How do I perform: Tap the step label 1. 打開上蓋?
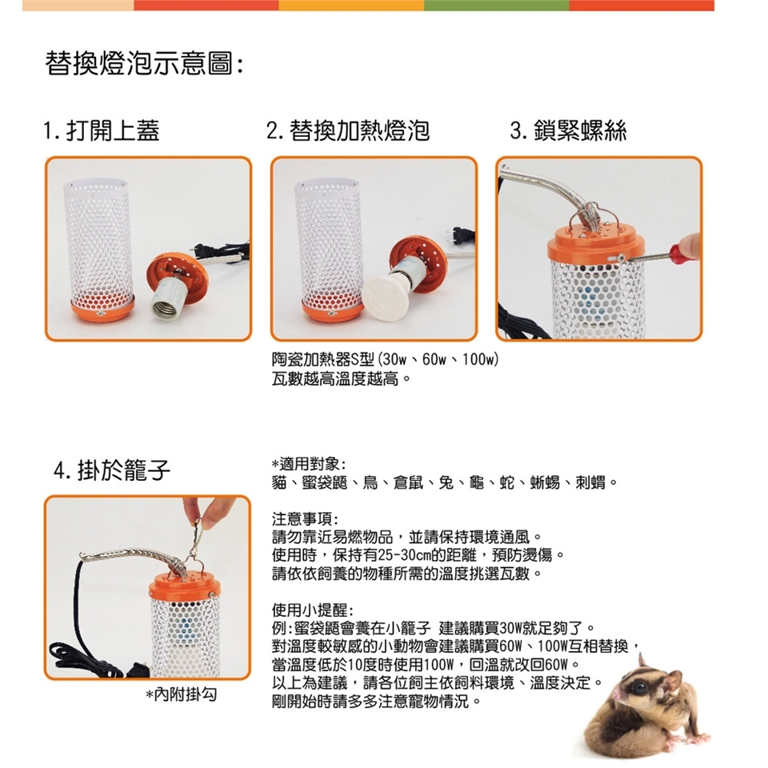(x=102, y=130)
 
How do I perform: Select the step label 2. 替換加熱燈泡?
(x=348, y=130)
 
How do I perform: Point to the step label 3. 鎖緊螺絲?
(x=568, y=130)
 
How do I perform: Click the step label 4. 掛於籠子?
(x=112, y=470)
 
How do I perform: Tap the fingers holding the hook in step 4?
(x=206, y=511)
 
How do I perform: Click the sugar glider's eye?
(x=640, y=686)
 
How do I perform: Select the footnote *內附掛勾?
(x=182, y=694)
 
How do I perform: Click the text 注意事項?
(x=305, y=519)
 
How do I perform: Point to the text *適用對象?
(x=310, y=464)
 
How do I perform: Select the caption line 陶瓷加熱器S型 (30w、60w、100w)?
(x=386, y=360)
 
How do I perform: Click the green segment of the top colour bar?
(x=497, y=6)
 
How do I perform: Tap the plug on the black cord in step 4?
(x=139, y=669)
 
